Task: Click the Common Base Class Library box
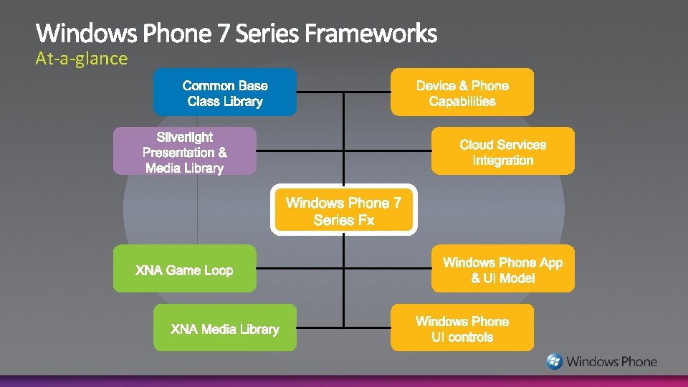click(x=224, y=92)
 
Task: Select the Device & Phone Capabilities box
click(x=462, y=92)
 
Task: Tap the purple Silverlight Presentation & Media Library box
click(x=184, y=151)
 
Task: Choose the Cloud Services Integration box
click(x=502, y=151)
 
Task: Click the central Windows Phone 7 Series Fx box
click(x=343, y=211)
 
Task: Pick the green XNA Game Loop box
click(x=184, y=269)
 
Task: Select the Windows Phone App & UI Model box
click(x=502, y=269)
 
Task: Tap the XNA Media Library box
click(x=224, y=328)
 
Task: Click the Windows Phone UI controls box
click(x=462, y=328)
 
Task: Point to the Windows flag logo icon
click(x=554, y=361)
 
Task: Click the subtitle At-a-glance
click(x=82, y=59)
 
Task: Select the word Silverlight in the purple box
click(x=185, y=136)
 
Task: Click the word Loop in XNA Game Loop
click(x=219, y=270)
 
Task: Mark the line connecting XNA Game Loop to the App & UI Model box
click(x=301, y=269)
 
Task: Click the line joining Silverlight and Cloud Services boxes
click(x=301, y=151)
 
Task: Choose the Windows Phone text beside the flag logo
click(x=611, y=362)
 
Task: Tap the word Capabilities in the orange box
click(x=462, y=101)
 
